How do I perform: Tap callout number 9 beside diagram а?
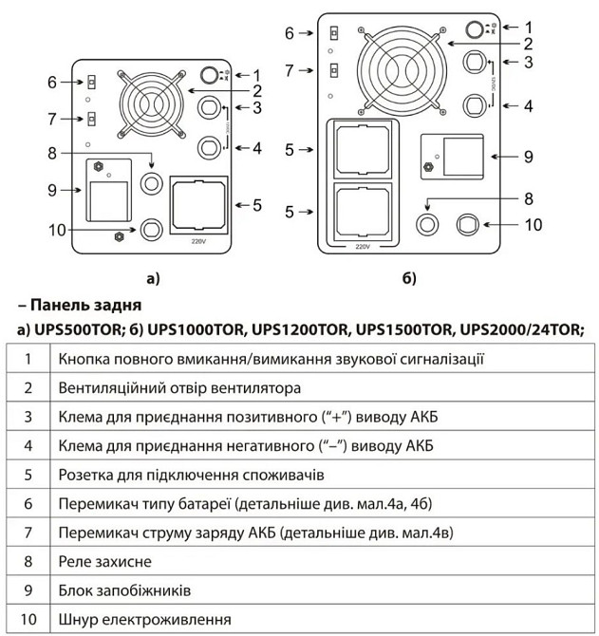pyautogui.click(x=54, y=190)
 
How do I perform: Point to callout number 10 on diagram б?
pyautogui.click(x=533, y=225)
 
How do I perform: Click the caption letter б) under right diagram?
pyautogui.click(x=409, y=278)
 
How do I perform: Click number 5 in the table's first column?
pyautogui.click(x=29, y=474)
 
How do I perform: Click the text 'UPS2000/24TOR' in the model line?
pyautogui.click(x=518, y=330)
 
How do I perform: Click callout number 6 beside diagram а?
pyautogui.click(x=54, y=83)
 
